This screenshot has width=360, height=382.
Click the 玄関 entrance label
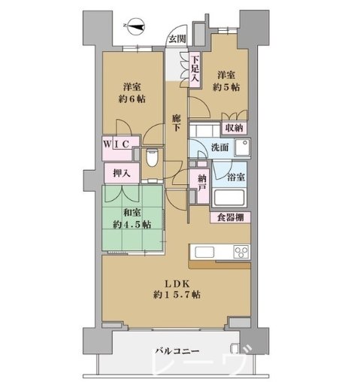point(177,38)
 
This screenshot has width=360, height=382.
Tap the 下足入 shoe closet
point(195,69)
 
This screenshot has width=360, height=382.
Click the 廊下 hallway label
point(176,124)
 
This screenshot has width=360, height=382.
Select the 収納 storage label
point(234,128)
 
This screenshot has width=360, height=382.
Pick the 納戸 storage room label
point(201,183)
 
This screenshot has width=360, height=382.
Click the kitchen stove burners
point(242,251)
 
